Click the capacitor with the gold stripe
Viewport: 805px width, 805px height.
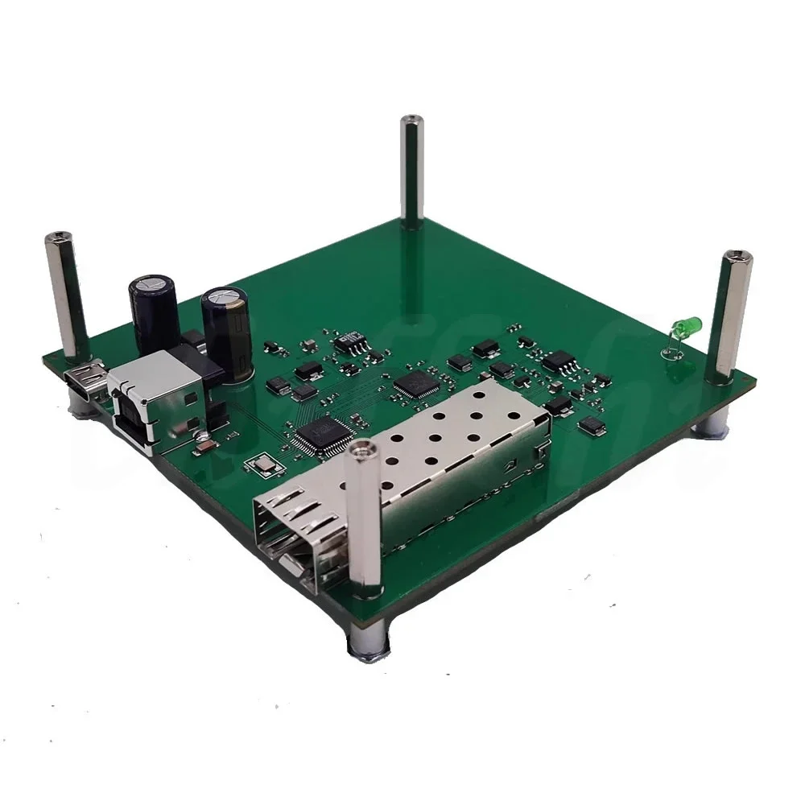pyautogui.click(x=226, y=329)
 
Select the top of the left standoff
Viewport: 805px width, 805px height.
pyautogui.click(x=59, y=238)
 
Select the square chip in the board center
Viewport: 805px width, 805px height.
pyautogui.click(x=416, y=384)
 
